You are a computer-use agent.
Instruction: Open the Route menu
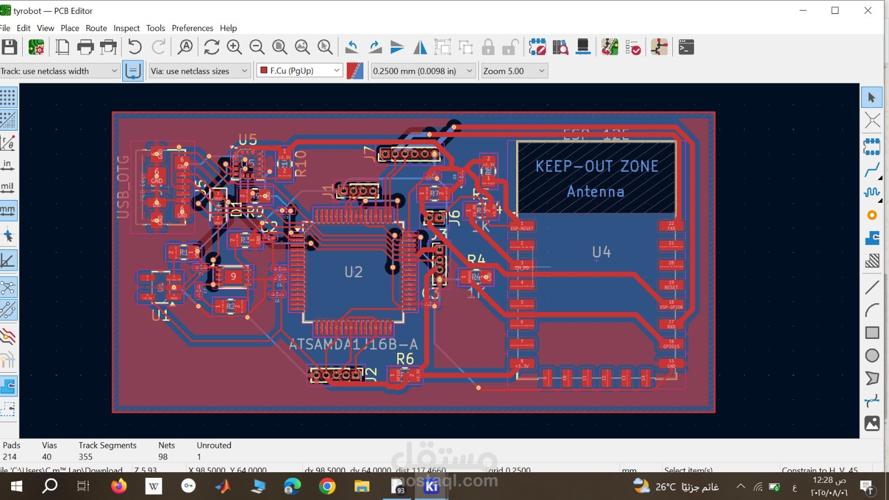(96, 28)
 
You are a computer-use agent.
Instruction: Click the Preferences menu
(192, 28)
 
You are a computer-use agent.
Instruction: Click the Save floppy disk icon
(9, 47)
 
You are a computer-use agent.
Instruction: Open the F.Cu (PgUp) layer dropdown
(299, 71)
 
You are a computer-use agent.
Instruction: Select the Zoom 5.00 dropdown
(514, 71)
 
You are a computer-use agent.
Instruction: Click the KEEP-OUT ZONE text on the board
(596, 166)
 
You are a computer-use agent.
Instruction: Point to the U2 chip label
(353, 272)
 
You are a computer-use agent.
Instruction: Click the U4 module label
(601, 252)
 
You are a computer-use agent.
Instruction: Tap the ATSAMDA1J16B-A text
(353, 344)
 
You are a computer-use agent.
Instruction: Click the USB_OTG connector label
(123, 187)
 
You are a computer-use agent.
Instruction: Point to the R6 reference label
(405, 359)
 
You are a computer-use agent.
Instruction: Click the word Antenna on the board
(596, 192)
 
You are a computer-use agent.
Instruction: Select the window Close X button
(868, 11)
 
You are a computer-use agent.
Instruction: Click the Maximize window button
(835, 11)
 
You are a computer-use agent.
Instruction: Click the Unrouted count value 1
(199, 457)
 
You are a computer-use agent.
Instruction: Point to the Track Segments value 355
(86, 457)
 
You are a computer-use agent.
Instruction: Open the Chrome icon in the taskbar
(327, 487)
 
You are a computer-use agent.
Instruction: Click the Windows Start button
(17, 487)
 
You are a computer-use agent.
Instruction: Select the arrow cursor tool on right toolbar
(872, 98)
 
